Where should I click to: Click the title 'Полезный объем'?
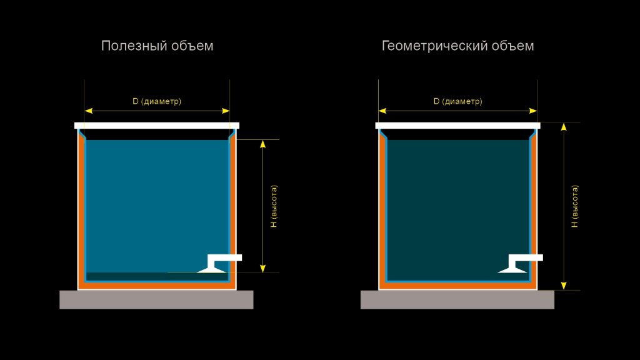click(x=157, y=46)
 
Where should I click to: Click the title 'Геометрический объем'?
click(x=457, y=46)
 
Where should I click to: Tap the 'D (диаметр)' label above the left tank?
click(x=157, y=101)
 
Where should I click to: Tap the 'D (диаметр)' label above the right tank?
click(x=457, y=101)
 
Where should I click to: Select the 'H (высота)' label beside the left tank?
click(x=274, y=206)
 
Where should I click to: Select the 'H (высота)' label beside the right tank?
click(x=575, y=206)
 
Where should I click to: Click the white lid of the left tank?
click(x=157, y=126)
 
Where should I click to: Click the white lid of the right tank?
click(x=457, y=126)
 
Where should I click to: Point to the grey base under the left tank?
click(x=156, y=299)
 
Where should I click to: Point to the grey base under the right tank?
click(x=457, y=299)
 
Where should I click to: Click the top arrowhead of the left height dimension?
click(x=263, y=144)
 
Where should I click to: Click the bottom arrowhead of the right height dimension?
click(x=564, y=286)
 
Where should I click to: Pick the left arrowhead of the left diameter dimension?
click(x=89, y=111)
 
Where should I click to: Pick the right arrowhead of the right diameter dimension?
click(x=533, y=111)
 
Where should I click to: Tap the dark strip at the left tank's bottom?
click(x=157, y=277)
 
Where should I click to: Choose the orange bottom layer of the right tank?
click(x=457, y=286)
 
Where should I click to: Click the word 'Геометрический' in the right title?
click(x=435, y=46)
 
